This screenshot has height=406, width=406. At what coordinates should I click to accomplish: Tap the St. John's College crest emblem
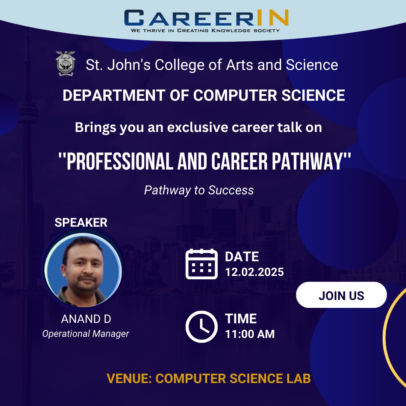[x=65, y=64]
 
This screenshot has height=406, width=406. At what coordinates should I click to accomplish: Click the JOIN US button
[x=341, y=295]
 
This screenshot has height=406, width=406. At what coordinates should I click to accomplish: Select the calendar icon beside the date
[x=201, y=264]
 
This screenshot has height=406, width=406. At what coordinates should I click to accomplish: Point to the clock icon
[x=201, y=327]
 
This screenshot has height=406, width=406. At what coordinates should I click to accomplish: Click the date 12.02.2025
[x=254, y=272]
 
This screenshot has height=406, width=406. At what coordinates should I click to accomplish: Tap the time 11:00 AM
[x=250, y=334]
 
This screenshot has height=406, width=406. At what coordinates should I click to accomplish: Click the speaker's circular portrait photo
[x=83, y=270]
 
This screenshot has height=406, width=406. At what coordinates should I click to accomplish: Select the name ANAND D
[x=86, y=319]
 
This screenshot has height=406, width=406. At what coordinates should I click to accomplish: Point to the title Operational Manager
[x=85, y=333]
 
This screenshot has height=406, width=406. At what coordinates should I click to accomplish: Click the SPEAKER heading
[x=81, y=223]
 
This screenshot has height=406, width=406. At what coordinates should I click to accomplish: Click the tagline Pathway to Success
[x=199, y=190]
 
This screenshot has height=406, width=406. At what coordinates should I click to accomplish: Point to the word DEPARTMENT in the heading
[x=114, y=95]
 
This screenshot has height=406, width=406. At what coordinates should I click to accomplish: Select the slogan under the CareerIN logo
[x=205, y=30]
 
